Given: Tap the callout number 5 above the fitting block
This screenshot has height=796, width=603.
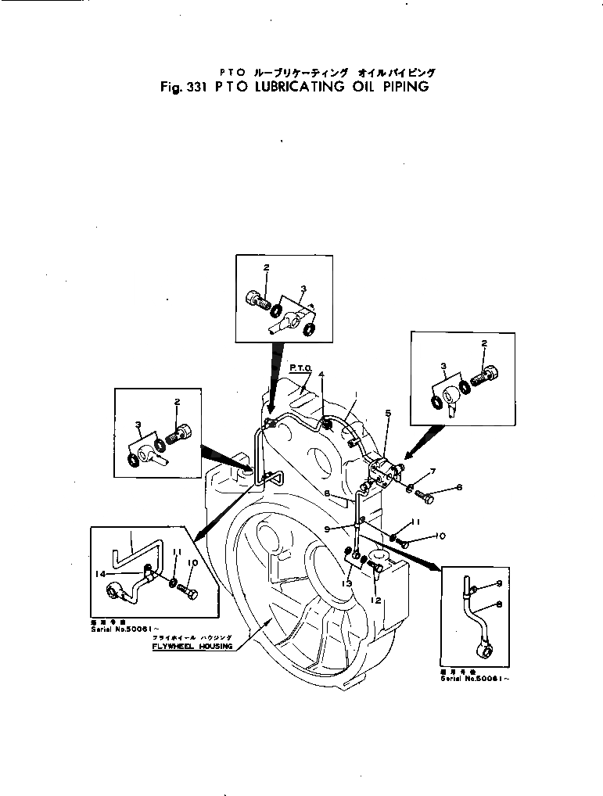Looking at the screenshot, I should point(388,412).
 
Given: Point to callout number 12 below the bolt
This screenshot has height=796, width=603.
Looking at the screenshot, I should point(377,600).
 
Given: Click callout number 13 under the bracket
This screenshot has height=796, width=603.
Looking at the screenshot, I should point(346,583).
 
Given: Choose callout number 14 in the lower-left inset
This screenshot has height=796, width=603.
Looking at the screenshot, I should point(101,575).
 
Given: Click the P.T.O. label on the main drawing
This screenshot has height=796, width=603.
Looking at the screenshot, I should point(301,366).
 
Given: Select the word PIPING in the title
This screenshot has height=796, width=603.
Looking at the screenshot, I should point(405,87).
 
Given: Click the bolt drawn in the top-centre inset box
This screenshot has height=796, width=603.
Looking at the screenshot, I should point(259,299).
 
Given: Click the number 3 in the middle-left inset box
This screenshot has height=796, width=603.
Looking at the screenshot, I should point(138,425).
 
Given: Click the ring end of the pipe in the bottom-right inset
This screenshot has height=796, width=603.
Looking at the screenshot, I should point(486,647).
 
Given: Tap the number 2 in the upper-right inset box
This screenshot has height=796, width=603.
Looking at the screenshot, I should point(484,343).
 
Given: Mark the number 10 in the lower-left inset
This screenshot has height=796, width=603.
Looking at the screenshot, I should point(192,561).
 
